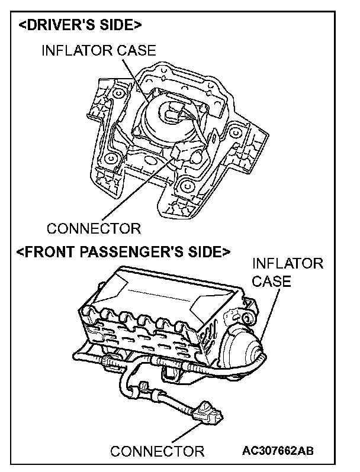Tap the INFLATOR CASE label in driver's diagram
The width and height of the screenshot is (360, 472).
[x=98, y=51]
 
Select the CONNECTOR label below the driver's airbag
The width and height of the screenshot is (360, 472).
[x=94, y=228]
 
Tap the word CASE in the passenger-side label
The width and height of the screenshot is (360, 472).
[x=272, y=281]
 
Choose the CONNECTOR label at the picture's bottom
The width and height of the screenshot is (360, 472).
[x=157, y=451]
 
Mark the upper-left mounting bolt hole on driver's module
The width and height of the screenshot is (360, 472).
[x=119, y=94]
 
